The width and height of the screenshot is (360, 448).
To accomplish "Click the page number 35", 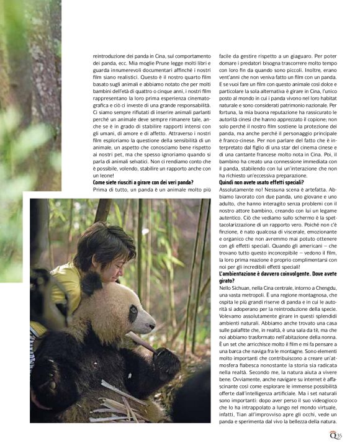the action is (340, 436).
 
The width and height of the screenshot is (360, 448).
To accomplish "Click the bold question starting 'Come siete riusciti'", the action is (143, 183).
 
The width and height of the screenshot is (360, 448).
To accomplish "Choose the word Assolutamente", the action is (236, 191).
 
